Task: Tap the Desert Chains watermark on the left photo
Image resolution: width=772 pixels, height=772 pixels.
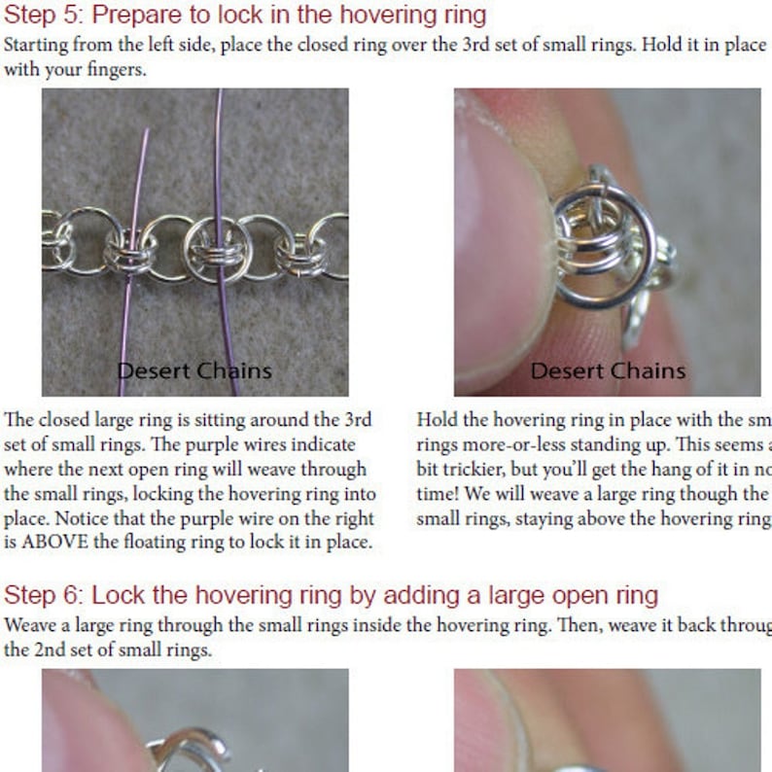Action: pos(194,370)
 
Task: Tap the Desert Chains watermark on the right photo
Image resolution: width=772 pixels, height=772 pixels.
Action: pos(608,370)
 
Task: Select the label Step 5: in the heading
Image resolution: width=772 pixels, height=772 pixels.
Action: pos(37,16)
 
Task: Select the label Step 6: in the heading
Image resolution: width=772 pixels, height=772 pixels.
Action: pos(37,594)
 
